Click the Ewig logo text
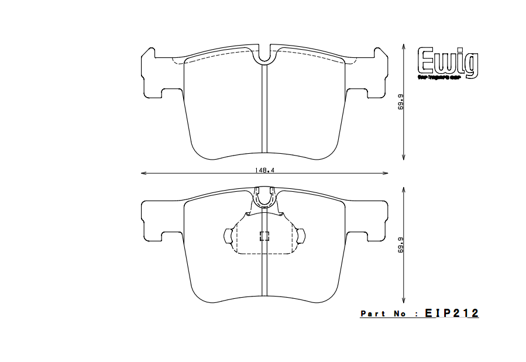pyautogui.click(x=448, y=63)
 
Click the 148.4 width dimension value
pyautogui.click(x=265, y=170)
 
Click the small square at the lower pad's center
pyautogui.click(x=264, y=236)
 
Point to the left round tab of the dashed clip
pyautogui.click(x=228, y=236)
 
